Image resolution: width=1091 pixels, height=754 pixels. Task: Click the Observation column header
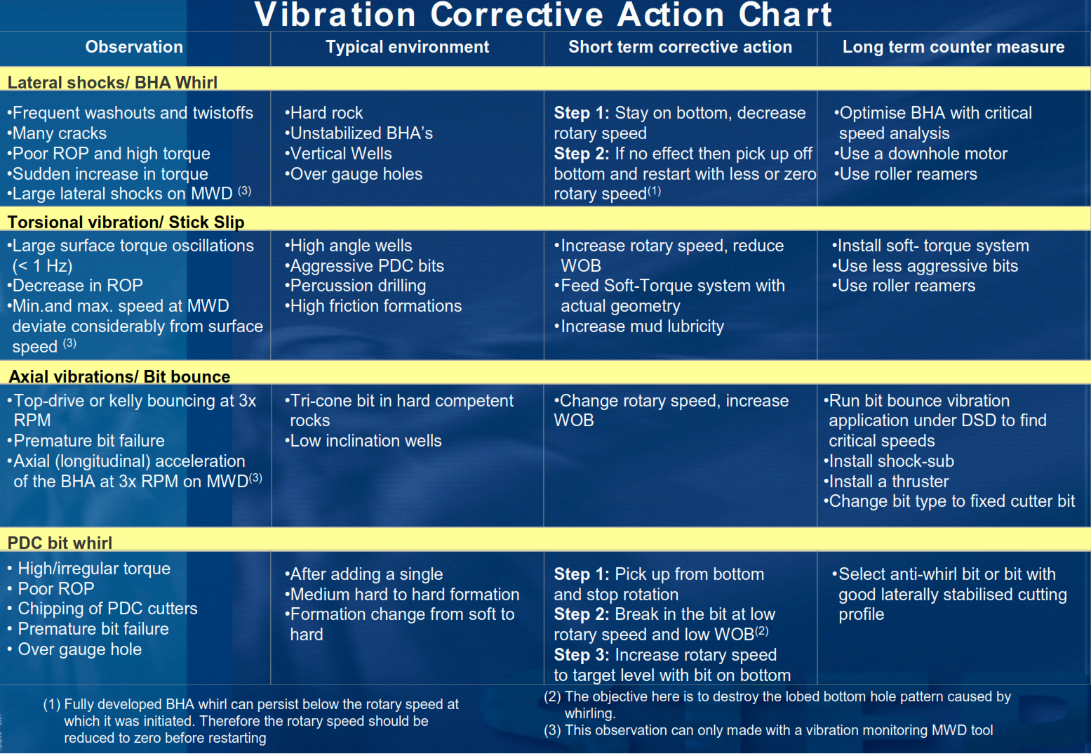click(x=134, y=47)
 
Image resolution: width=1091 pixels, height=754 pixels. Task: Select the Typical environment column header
click(x=407, y=47)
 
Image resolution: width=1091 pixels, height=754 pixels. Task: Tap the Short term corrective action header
click(x=680, y=47)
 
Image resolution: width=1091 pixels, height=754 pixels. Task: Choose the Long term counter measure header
click(x=953, y=47)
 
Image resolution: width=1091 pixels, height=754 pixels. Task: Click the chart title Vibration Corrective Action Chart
click(x=543, y=15)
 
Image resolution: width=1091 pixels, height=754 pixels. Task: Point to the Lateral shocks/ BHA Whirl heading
click(x=112, y=82)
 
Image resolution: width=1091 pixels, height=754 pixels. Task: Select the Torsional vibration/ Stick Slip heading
click(x=126, y=222)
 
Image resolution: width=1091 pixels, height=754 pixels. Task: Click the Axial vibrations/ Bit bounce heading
click(x=119, y=376)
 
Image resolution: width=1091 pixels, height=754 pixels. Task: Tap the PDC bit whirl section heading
click(x=60, y=543)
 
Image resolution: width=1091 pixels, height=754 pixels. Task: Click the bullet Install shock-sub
click(x=890, y=461)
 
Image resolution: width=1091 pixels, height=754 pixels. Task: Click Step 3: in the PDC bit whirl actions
click(x=582, y=655)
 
